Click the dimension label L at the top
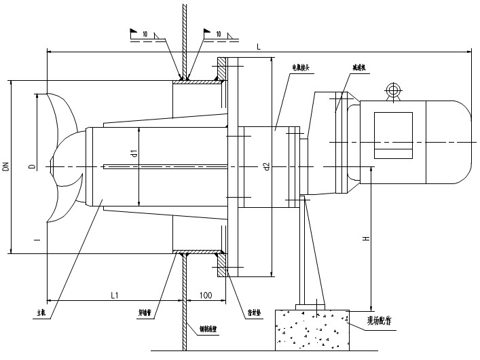coord(259,46)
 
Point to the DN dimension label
coord(6,166)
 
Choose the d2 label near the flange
coord(266,165)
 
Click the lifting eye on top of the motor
coord(392,90)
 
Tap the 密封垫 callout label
coord(253,314)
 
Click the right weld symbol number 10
coord(218,33)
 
